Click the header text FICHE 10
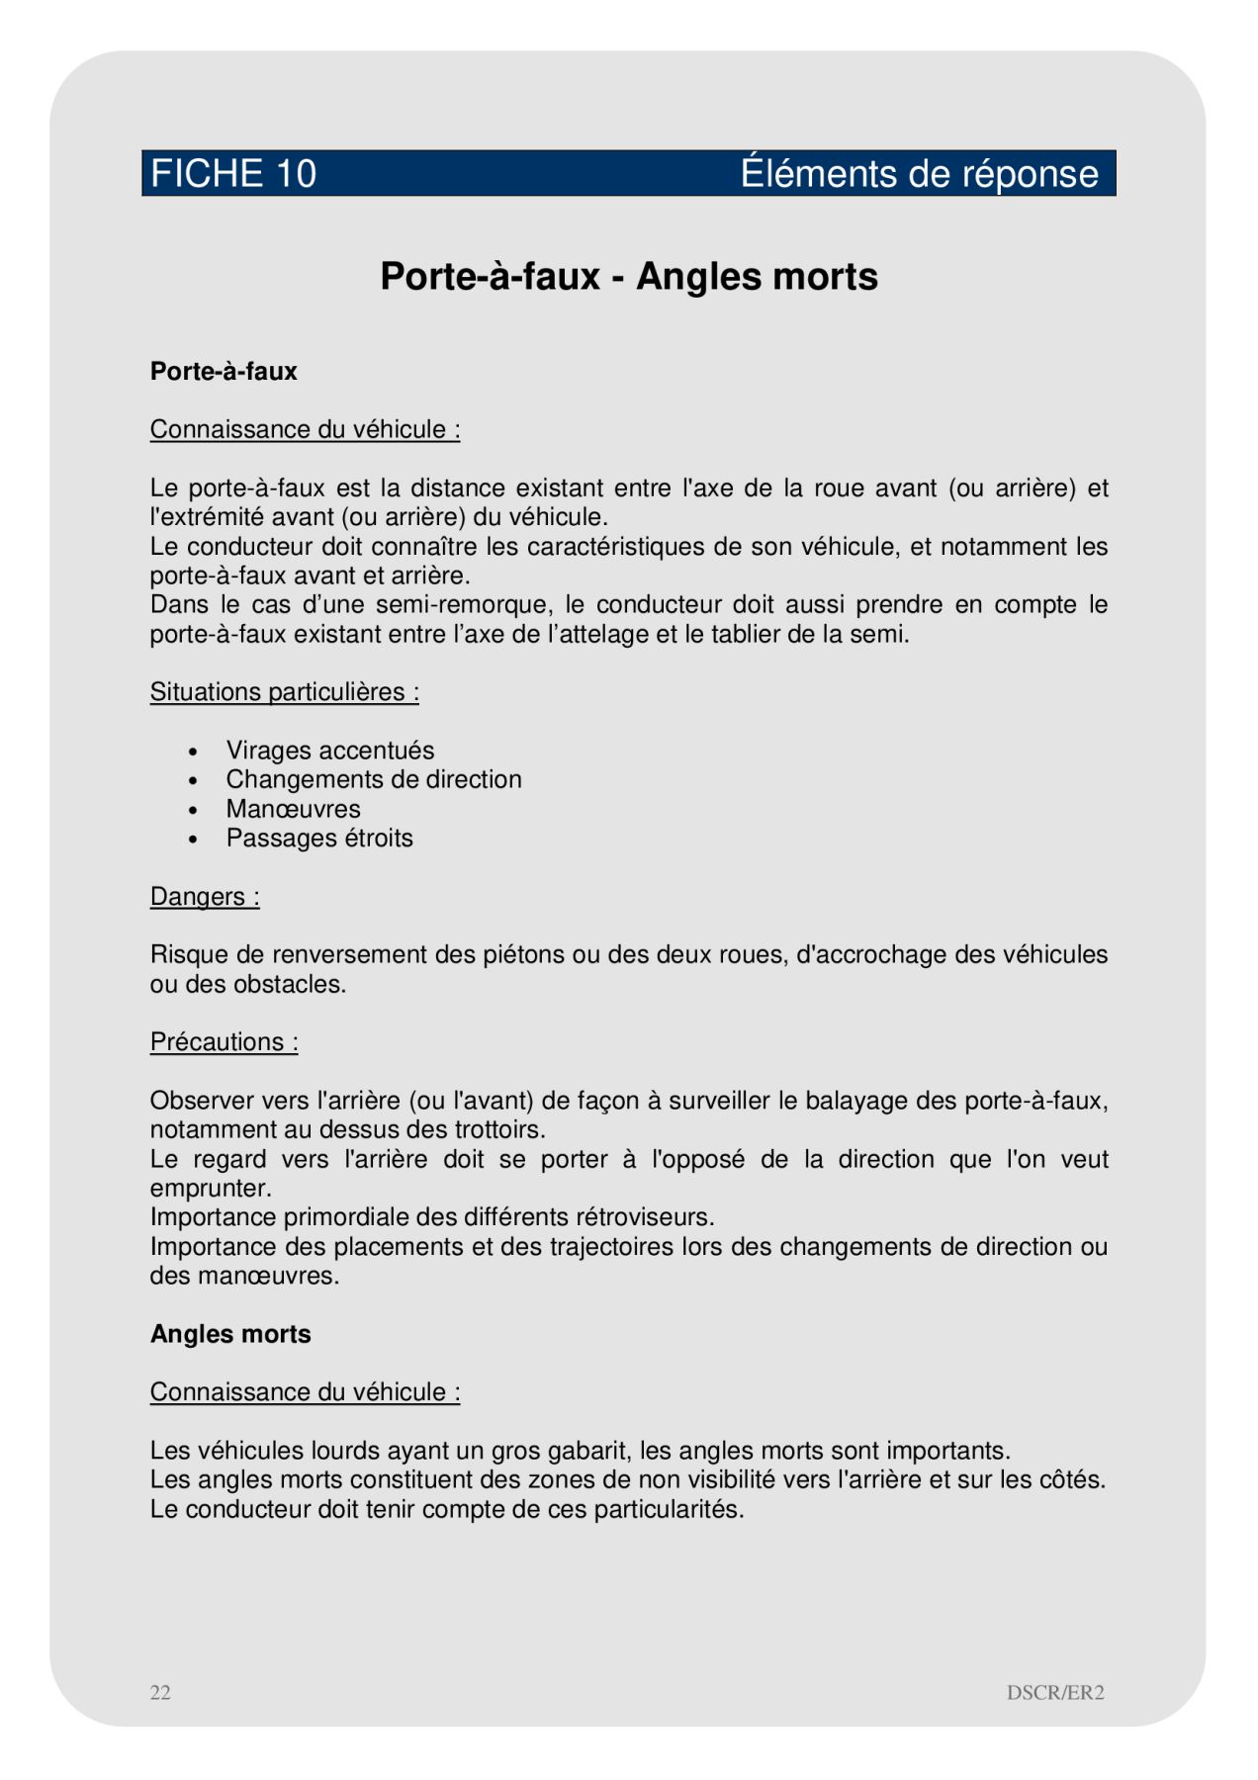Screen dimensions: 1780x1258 (x=233, y=174)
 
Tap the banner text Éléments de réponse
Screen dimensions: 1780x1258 (x=919, y=174)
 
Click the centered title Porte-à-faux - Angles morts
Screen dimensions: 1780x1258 (x=629, y=277)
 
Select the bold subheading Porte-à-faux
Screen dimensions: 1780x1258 (x=224, y=372)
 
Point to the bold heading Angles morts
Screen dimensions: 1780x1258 (x=230, y=1334)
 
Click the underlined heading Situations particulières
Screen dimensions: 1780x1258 (x=284, y=692)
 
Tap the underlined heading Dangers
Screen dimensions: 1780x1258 (x=205, y=897)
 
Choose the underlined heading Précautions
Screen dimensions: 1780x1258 (x=224, y=1042)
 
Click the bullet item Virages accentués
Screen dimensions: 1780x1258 (x=329, y=751)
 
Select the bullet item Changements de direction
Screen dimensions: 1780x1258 (x=373, y=779)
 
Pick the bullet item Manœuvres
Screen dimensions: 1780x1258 (x=293, y=809)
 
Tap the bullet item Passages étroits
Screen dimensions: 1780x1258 (x=318, y=839)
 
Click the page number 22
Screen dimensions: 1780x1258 (x=160, y=1692)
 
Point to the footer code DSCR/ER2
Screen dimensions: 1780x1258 (x=1054, y=1692)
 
